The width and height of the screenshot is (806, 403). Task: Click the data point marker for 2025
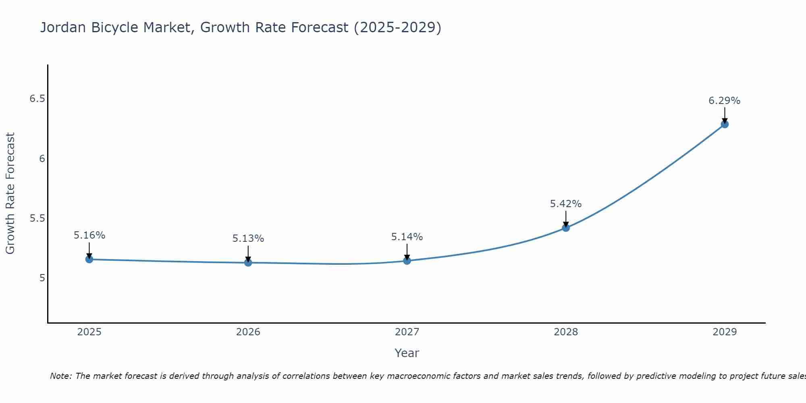(89, 259)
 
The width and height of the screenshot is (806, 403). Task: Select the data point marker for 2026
(248, 262)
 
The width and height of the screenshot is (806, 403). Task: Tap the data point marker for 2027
(407, 261)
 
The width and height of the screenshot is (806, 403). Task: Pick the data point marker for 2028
(566, 228)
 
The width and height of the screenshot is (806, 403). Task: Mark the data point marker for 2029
(725, 124)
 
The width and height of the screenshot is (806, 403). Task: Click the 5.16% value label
(89, 235)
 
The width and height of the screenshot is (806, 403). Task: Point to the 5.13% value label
(248, 239)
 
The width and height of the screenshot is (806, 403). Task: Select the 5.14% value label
(407, 237)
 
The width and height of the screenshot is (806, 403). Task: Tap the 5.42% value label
(566, 204)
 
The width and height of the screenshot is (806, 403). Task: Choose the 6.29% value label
(725, 101)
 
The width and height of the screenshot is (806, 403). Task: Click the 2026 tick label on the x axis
(248, 332)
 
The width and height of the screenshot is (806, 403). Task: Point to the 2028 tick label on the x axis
(566, 332)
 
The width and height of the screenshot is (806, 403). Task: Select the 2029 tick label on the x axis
(725, 332)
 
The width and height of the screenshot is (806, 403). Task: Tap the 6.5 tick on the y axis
(37, 99)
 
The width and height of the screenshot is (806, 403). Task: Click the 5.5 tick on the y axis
(37, 218)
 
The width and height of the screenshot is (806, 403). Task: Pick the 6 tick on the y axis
(42, 159)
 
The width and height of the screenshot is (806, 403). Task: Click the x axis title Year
(407, 353)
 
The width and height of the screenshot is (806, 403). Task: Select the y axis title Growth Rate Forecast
(10, 193)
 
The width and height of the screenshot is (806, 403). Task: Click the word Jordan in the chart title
(63, 27)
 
